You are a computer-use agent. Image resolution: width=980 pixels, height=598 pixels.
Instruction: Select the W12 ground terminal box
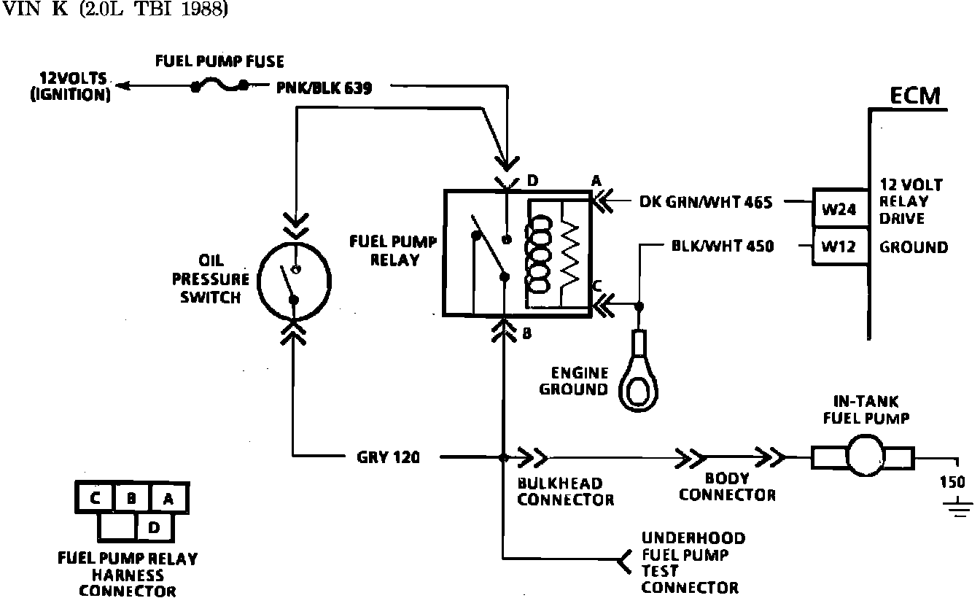pos(839,246)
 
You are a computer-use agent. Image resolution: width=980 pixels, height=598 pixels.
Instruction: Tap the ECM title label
pos(915,96)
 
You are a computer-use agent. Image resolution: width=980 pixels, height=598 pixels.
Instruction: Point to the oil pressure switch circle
pos(295,279)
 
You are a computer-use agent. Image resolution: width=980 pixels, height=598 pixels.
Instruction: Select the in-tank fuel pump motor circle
pos(863,457)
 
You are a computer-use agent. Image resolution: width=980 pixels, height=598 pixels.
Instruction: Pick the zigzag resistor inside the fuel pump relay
pos(569,252)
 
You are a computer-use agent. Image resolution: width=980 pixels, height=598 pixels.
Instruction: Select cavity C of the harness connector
pos(95,499)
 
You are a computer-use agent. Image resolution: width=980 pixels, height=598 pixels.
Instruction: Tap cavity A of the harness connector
pos(168,499)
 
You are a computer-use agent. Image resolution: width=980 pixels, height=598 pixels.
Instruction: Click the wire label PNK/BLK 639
pos(324,88)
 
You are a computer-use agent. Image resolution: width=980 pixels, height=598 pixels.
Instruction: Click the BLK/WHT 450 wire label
pos(722,246)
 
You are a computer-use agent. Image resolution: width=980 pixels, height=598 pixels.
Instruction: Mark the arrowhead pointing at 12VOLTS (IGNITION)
pos(124,87)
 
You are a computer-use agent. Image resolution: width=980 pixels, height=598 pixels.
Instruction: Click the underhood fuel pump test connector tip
pos(621,561)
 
